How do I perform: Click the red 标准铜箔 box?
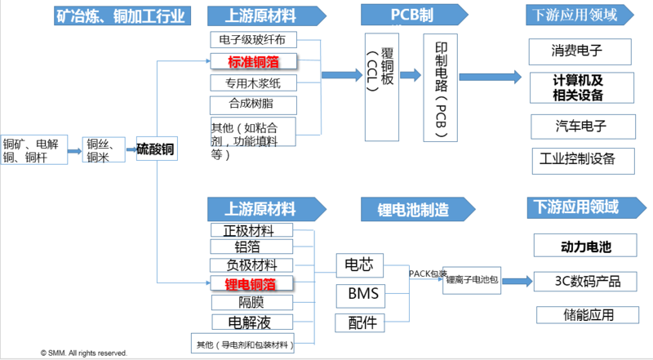click(x=252, y=61)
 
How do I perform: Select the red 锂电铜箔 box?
click(x=251, y=284)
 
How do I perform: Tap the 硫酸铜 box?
click(x=156, y=149)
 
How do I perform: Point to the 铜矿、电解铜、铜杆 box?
click(x=33, y=149)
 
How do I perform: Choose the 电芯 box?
click(x=360, y=264)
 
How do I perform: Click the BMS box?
click(x=360, y=293)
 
